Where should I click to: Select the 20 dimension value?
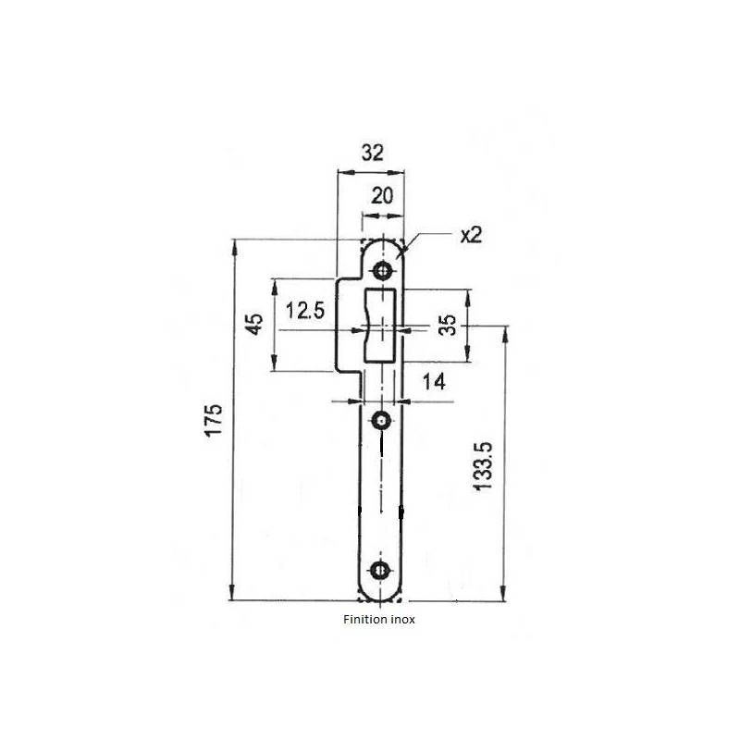(382, 195)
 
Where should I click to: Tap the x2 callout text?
(471, 235)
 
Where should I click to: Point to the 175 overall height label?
(214, 420)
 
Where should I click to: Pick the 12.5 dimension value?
(304, 311)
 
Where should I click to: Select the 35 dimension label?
(447, 326)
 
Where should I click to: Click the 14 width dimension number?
(433, 380)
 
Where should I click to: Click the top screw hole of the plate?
(381, 271)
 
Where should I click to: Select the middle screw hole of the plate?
(381, 423)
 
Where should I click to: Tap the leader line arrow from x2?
(407, 247)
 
